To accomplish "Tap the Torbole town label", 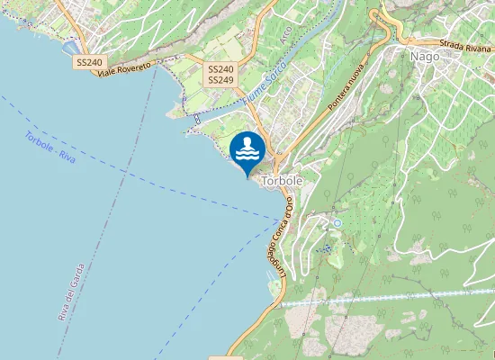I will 281,181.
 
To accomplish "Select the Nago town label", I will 424,56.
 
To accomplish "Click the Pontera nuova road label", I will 346,87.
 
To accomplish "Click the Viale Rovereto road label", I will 127,69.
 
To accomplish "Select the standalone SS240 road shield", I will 89,63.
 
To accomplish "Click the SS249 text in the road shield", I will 220,80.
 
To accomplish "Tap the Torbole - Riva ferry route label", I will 50,147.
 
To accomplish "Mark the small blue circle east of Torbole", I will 337,222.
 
